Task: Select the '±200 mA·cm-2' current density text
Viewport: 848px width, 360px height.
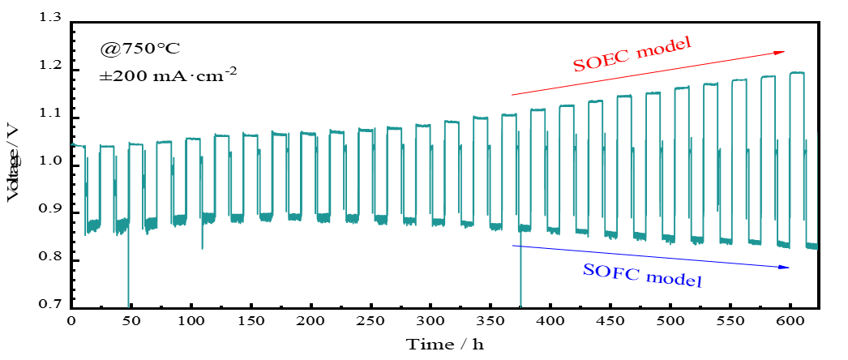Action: pyautogui.click(x=168, y=78)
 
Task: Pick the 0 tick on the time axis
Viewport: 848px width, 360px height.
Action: pyautogui.click(x=71, y=321)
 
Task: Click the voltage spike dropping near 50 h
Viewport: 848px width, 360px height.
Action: pyautogui.click(x=128, y=276)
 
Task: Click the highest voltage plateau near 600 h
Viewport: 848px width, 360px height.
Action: pyautogui.click(x=796, y=73)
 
